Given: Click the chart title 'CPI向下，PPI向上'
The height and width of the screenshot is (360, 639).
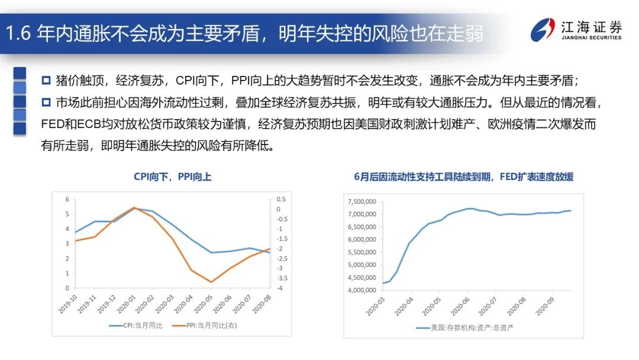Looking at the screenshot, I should [172, 176].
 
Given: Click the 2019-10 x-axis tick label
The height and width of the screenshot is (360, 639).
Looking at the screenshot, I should [69, 304].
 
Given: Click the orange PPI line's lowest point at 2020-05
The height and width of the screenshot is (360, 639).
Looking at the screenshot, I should [211, 282].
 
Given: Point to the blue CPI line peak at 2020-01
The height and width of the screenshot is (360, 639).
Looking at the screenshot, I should [134, 208].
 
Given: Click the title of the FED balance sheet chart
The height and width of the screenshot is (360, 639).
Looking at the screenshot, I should [463, 176].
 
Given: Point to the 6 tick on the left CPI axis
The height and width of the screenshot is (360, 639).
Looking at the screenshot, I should [67, 199].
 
